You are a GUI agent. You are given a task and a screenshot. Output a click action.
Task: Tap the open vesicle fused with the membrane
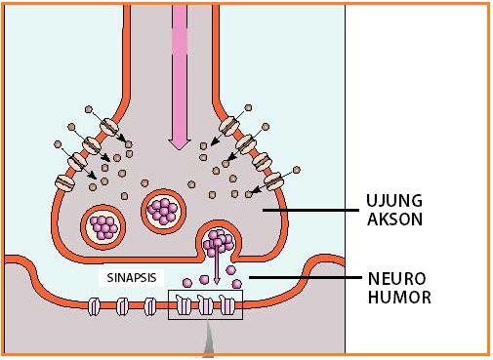tap(216, 242)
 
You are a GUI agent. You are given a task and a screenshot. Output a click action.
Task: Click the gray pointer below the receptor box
tap(207, 340)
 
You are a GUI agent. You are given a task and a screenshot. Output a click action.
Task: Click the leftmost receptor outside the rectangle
tap(96, 306)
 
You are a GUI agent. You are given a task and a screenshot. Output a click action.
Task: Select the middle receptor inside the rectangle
tap(206, 306)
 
